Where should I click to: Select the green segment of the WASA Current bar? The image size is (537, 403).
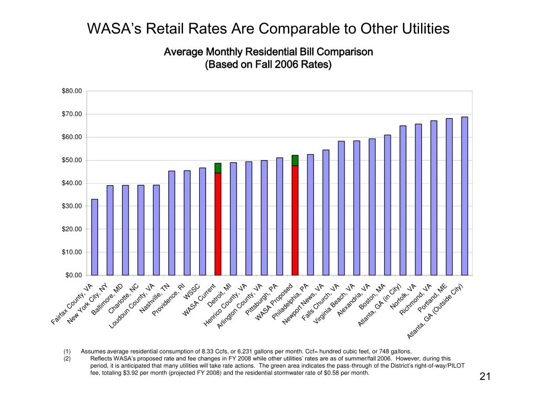coord(218,168)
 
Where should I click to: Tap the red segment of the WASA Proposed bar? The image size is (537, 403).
coord(295,220)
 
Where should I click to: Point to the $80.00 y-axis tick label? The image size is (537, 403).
coord(72,91)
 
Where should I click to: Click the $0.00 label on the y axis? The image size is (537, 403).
coord(74,275)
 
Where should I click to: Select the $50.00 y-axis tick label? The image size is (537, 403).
coord(72,160)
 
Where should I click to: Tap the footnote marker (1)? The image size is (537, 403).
coord(67,352)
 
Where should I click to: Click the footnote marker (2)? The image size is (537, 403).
coord(67,359)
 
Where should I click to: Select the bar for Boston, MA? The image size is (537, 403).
coord(388,205)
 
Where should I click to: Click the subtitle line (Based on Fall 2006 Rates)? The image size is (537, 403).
coord(268,65)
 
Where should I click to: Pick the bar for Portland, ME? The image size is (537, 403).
coord(449,196)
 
